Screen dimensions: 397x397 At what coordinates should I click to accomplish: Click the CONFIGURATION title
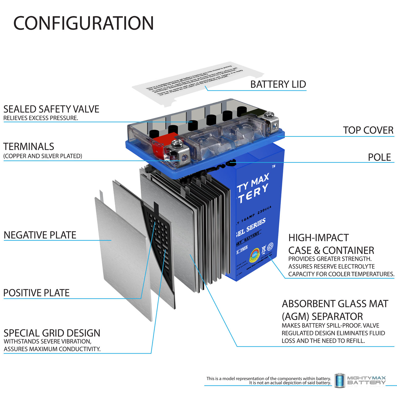point(83,23)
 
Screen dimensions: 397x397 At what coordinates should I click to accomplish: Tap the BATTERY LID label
point(278,84)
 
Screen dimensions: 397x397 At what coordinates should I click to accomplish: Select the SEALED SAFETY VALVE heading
point(51,109)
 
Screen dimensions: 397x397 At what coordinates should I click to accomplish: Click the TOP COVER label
point(368,130)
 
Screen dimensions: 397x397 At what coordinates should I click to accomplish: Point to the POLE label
point(379,157)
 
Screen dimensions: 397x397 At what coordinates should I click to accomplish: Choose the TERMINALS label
point(29,147)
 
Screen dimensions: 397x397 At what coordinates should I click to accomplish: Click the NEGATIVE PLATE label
point(40,235)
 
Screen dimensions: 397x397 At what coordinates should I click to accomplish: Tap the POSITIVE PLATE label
point(37,293)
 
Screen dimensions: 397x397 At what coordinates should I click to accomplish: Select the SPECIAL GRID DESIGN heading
point(52,333)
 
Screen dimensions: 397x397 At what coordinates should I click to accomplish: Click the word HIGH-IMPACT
point(318,238)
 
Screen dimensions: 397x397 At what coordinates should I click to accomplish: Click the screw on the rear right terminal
point(269,114)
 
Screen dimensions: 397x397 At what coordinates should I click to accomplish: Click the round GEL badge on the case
point(255,255)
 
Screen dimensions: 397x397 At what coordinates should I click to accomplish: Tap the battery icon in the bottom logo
point(339,381)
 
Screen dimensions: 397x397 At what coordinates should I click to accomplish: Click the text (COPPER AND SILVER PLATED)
point(43,156)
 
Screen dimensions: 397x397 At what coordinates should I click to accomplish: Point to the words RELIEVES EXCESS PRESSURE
point(41,118)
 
